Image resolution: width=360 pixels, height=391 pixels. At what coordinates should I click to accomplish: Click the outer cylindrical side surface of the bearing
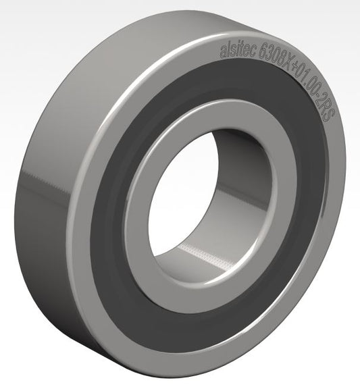(47, 203)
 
